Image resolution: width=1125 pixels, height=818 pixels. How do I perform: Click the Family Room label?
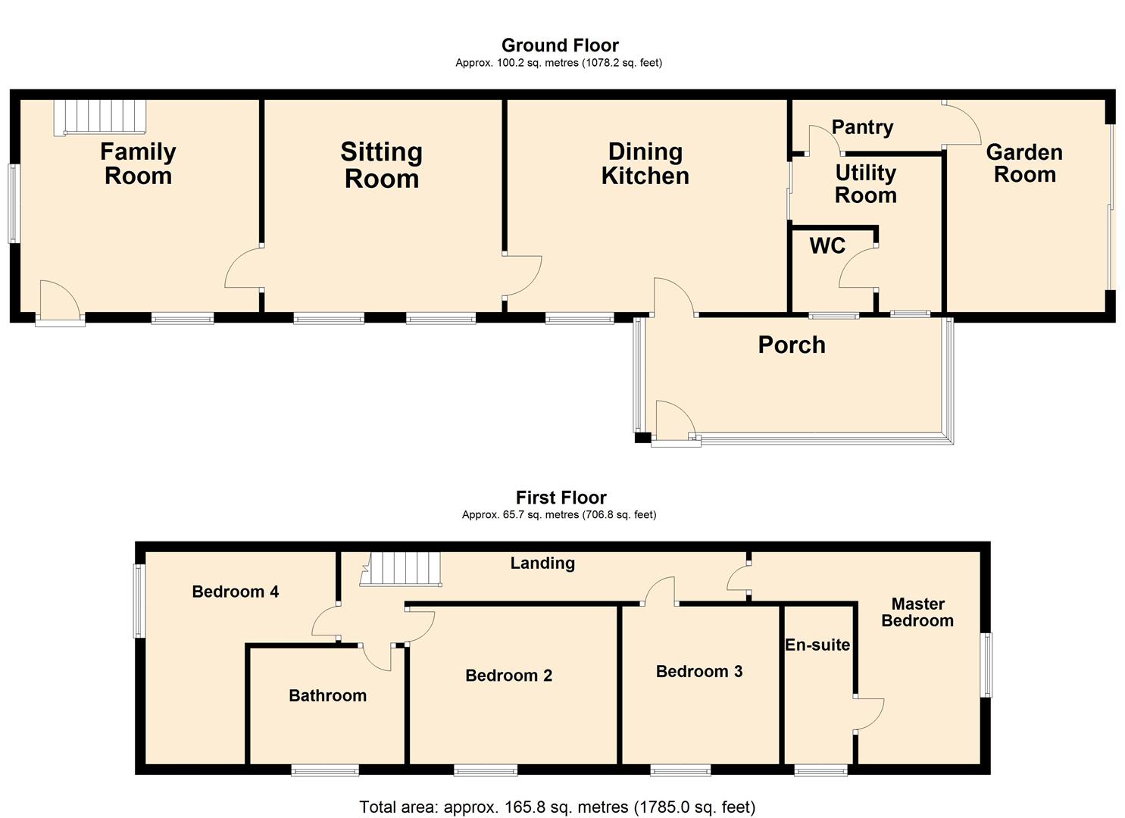tap(138, 164)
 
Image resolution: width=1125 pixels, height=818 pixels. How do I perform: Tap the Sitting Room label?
tap(381, 165)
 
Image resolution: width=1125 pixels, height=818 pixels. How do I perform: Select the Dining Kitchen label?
tap(645, 164)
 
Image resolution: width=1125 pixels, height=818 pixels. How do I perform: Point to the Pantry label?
tap(862, 127)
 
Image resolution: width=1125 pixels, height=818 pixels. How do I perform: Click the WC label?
tap(827, 246)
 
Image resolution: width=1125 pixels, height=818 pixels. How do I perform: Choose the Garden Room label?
tap(1024, 164)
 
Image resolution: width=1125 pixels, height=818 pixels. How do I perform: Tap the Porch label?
tap(792, 345)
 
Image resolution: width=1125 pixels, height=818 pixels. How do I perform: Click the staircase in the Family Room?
tap(99, 118)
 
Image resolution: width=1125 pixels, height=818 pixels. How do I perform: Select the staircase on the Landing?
tap(402, 569)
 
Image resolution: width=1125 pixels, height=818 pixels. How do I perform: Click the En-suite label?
tap(817, 645)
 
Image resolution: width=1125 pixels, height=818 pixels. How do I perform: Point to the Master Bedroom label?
tap(917, 612)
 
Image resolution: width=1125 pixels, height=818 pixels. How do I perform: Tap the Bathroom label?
tap(327, 695)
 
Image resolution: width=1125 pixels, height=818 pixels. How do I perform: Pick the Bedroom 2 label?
tap(508, 676)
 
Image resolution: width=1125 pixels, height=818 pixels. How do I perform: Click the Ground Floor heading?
tap(560, 45)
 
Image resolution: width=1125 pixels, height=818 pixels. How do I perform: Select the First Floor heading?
tap(561, 498)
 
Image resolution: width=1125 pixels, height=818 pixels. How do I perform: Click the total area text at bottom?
tap(557, 807)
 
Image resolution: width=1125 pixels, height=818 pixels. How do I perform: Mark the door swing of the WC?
tap(858, 270)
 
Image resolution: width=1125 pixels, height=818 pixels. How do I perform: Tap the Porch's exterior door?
tap(674, 421)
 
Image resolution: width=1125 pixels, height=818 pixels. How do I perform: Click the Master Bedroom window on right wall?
tap(987, 665)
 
